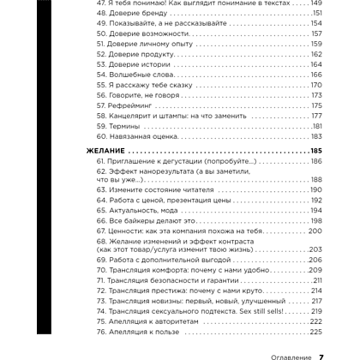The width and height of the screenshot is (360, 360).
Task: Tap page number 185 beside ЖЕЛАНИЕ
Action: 312,150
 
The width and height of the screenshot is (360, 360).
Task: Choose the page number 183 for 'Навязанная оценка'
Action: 314,136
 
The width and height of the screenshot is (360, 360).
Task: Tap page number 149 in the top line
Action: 314,4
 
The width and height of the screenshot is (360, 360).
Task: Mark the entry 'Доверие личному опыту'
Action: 147,44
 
